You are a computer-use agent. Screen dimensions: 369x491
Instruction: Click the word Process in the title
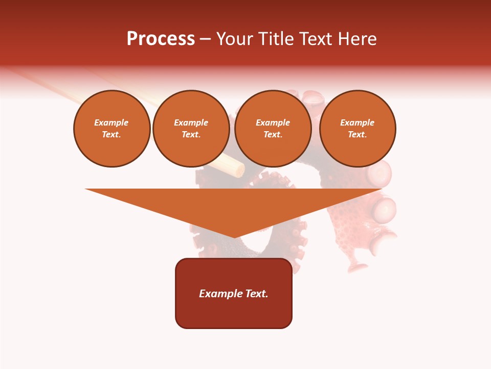coord(161,39)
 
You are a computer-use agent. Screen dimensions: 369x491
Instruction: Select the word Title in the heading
coord(276,39)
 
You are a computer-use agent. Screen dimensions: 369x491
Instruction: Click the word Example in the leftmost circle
coord(111,122)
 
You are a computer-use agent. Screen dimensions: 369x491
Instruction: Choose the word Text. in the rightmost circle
coord(358,134)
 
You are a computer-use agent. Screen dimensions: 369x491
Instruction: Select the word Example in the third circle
coord(273,122)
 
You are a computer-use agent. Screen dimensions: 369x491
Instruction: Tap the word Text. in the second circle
coord(191,134)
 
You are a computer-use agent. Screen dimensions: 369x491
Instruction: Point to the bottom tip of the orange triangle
coord(234,237)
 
